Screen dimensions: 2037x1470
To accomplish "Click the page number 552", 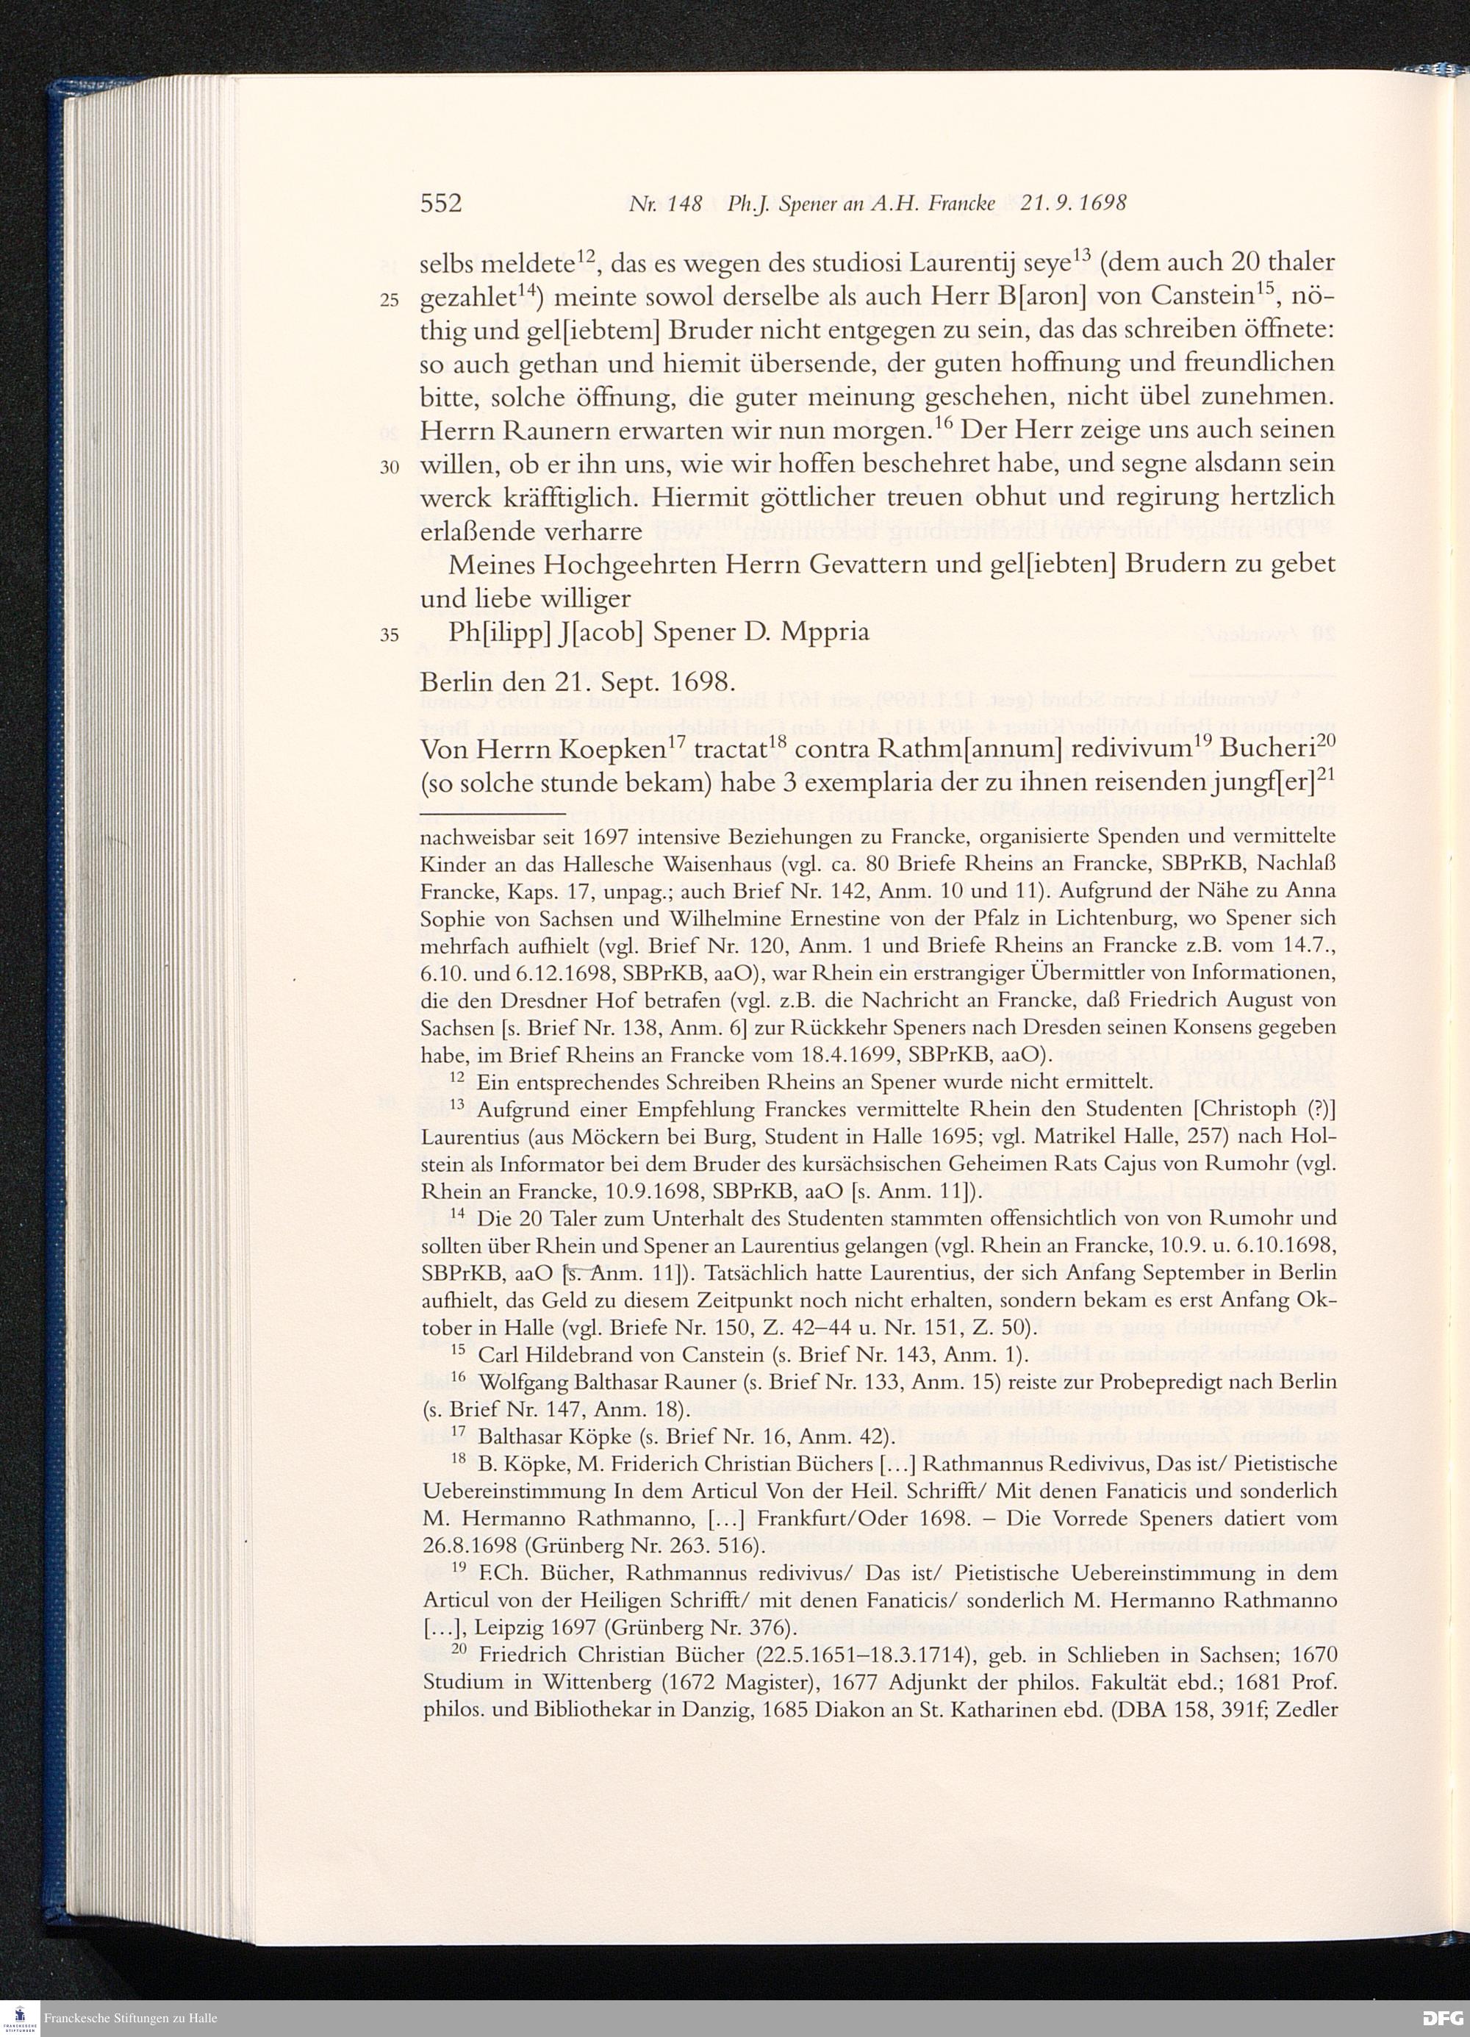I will point(441,204).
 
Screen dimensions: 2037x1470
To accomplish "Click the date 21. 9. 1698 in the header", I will point(1073,204).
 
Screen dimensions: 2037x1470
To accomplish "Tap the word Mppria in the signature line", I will point(825,632).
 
